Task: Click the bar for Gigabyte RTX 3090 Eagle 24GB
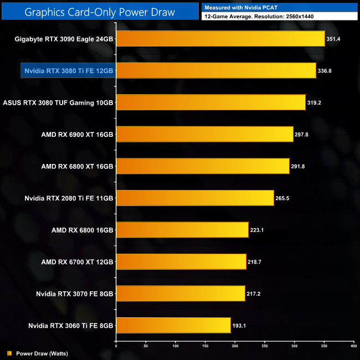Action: pyautogui.click(x=220, y=39)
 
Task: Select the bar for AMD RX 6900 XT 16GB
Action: pyautogui.click(x=204, y=135)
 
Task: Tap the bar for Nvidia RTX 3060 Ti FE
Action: pyautogui.click(x=173, y=325)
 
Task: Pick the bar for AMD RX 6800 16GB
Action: pyautogui.click(x=182, y=230)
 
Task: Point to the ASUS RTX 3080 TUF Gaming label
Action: pyautogui.click(x=58, y=102)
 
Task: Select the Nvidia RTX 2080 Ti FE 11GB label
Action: pyautogui.click(x=69, y=198)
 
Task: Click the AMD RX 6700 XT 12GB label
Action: pyautogui.click(x=77, y=261)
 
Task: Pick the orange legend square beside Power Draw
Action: pyautogui.click(x=9, y=352)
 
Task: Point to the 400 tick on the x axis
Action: pyautogui.click(x=353, y=346)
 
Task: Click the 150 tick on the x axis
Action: pyautogui.click(x=205, y=346)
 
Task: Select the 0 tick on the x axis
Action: pyautogui.click(x=116, y=346)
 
